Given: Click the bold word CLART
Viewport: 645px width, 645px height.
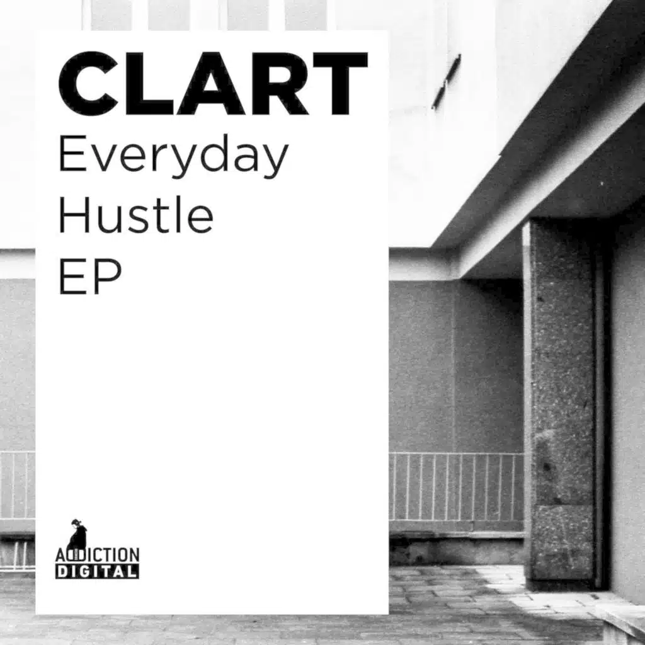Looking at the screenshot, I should [x=212, y=83].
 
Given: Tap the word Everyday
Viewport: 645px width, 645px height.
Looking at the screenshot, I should [x=173, y=157].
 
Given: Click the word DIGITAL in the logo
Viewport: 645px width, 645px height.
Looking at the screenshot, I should [x=97, y=571].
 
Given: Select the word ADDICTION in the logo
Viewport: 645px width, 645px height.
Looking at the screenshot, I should [x=97, y=556].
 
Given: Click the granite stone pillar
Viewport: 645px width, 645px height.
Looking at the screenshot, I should [x=559, y=403].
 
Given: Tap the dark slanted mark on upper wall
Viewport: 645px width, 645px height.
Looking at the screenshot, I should [x=446, y=81].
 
